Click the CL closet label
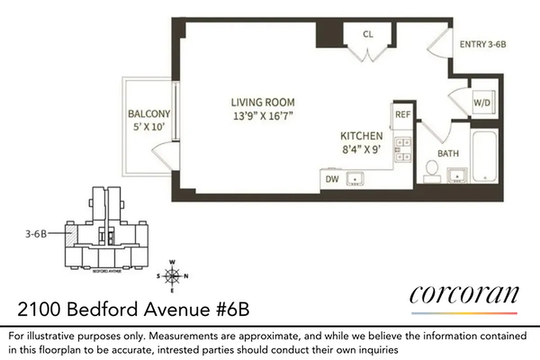coord(368,34)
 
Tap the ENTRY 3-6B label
coord(485,44)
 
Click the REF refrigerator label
coord(402,115)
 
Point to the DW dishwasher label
coord(332,179)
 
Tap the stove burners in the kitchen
coord(403,149)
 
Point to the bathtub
coord(485,155)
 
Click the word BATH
coord(448,153)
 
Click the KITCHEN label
coord(361,136)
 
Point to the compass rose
coord(172,275)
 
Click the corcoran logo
coord(464,295)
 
